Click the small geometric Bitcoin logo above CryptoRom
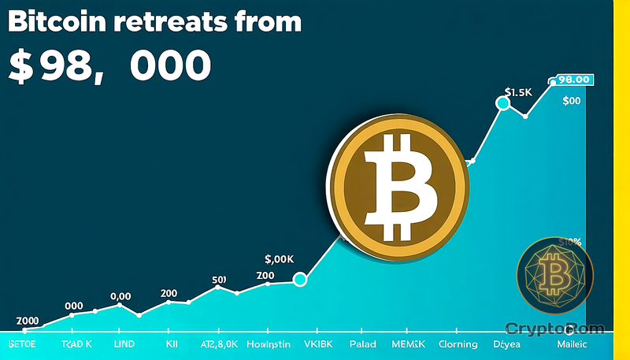click(554, 276)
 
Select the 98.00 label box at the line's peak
click(573, 80)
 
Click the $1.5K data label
click(520, 92)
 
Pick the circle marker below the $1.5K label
click(502, 103)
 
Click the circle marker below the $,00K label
click(299, 279)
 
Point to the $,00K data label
click(280, 258)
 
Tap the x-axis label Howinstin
click(269, 344)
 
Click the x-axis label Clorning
click(458, 344)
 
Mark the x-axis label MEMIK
click(409, 344)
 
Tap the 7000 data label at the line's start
click(28, 321)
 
